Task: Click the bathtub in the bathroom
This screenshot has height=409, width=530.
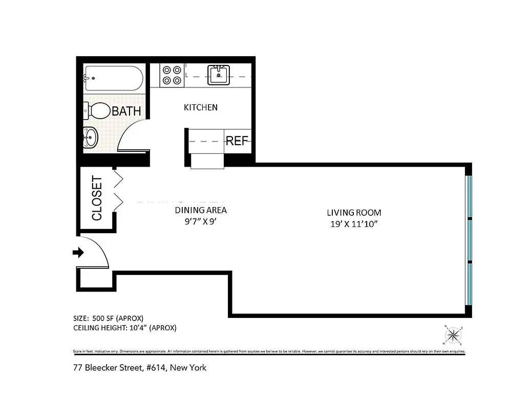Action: pyautogui.click(x=113, y=78)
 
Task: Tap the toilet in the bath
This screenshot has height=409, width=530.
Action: pyautogui.click(x=98, y=110)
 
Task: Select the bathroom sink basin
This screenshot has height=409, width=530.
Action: pyautogui.click(x=91, y=137)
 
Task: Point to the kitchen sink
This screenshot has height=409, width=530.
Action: pyautogui.click(x=219, y=75)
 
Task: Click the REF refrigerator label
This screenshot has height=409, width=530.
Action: pyautogui.click(x=237, y=141)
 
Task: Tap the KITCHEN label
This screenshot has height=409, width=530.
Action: pyautogui.click(x=201, y=107)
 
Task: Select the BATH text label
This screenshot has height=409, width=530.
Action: pyautogui.click(x=126, y=111)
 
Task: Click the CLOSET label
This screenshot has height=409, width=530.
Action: pyautogui.click(x=97, y=198)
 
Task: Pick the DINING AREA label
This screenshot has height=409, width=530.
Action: pyautogui.click(x=201, y=210)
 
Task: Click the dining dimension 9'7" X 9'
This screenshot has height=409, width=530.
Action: pyautogui.click(x=201, y=221)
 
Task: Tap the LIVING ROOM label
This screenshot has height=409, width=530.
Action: pyautogui.click(x=354, y=213)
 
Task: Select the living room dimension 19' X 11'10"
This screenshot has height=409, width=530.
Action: pyautogui.click(x=354, y=224)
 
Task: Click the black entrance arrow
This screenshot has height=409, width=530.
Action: pyautogui.click(x=78, y=252)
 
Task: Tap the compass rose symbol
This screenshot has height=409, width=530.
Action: pyautogui.click(x=453, y=335)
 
